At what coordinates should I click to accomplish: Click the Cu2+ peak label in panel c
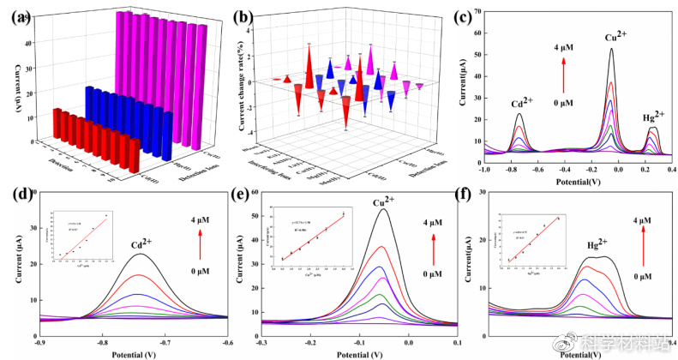coord(615,38)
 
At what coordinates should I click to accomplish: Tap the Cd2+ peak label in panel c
coord(522,102)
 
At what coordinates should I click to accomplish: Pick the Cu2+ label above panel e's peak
coord(382,204)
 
